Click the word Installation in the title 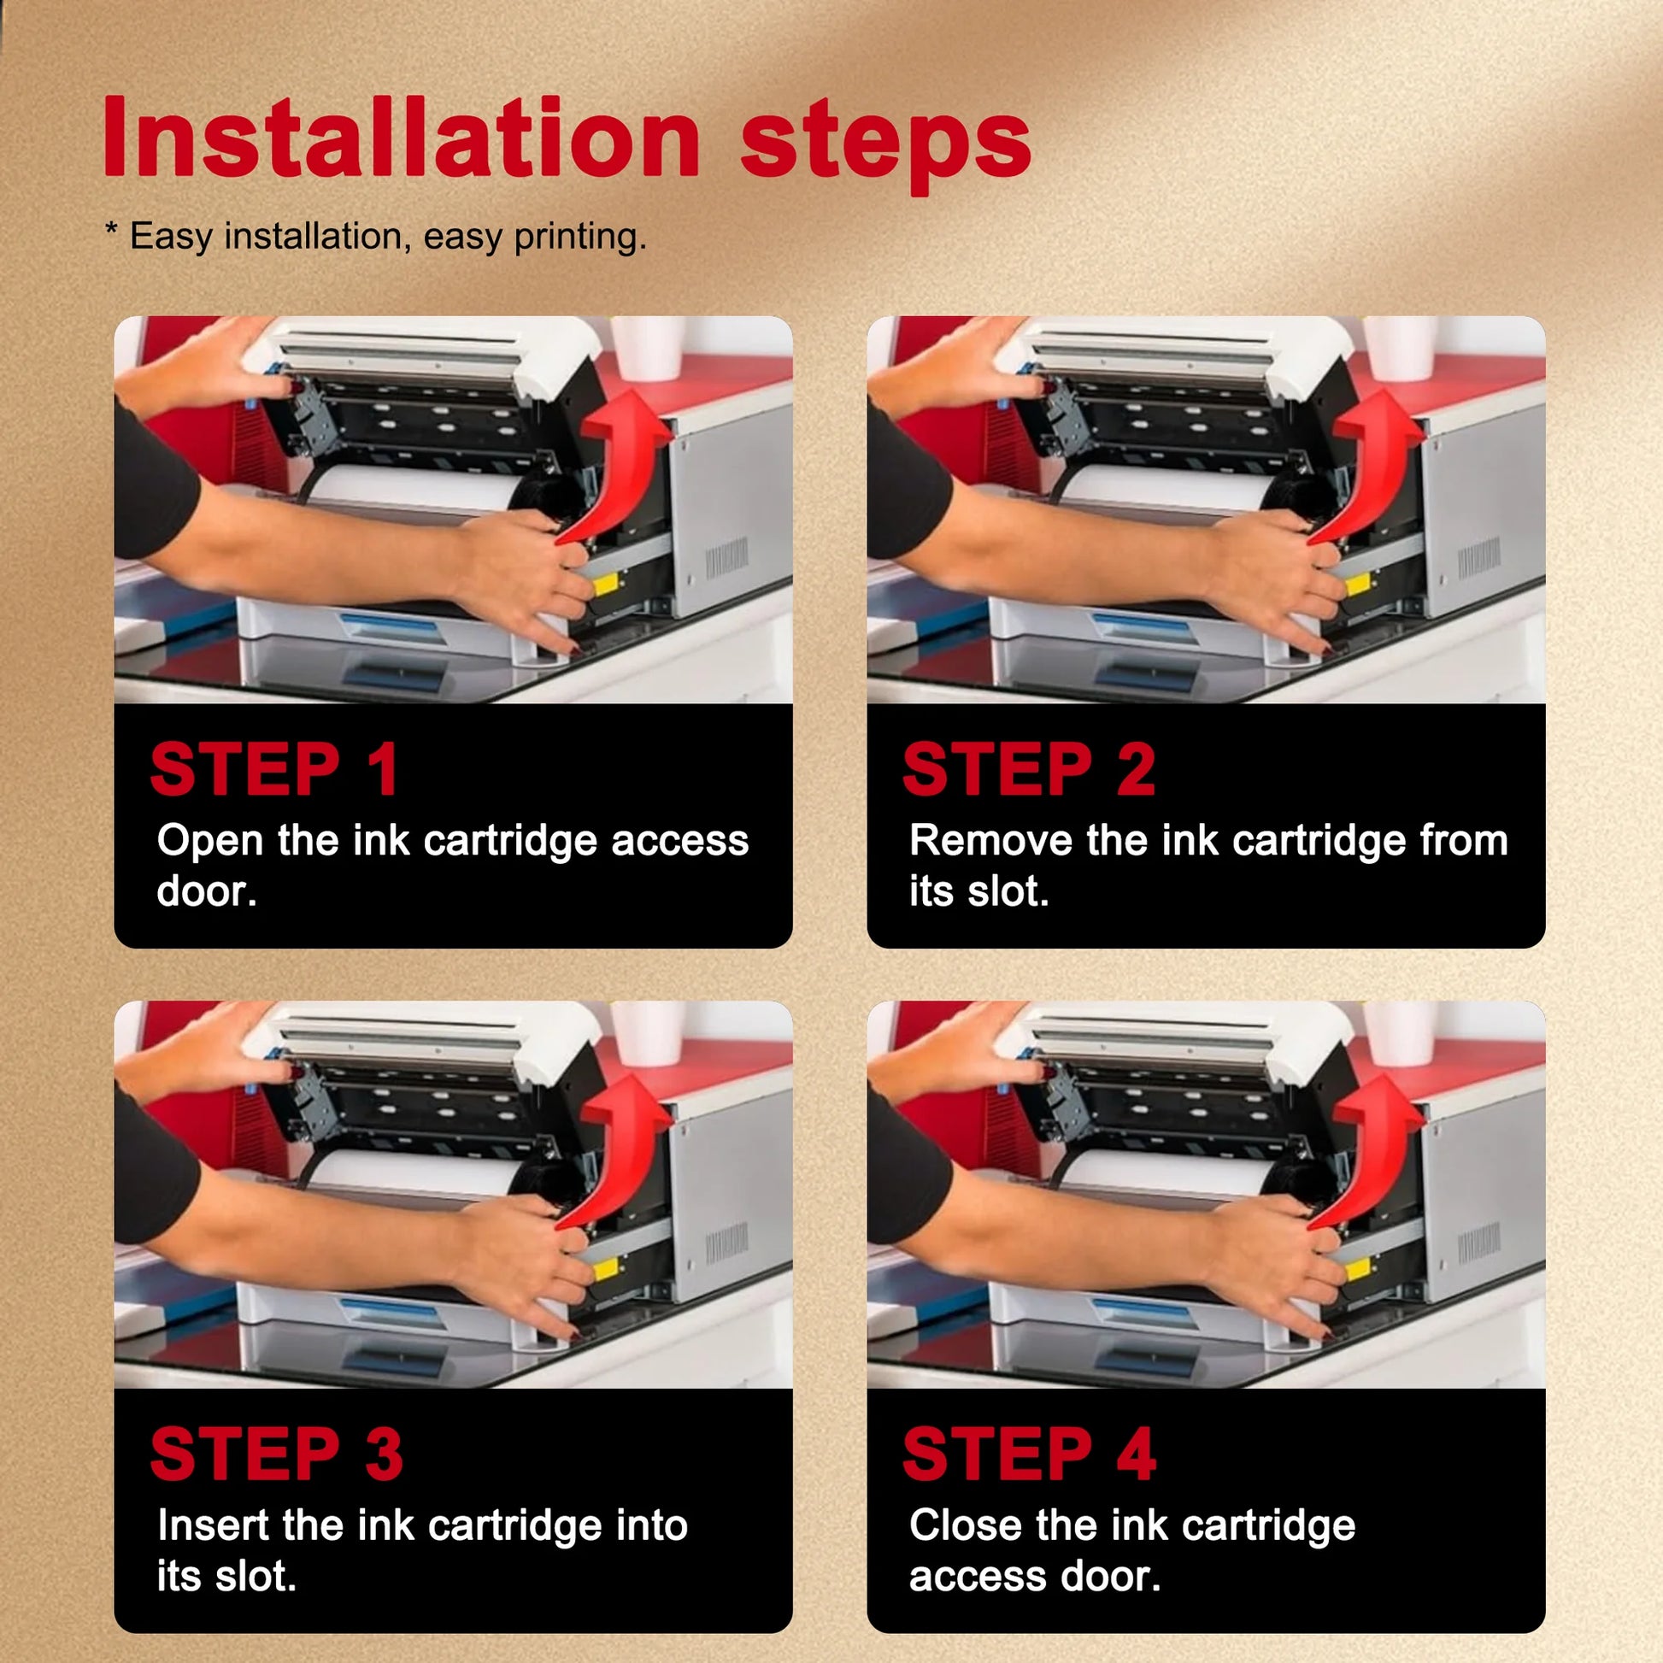(402, 137)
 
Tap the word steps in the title (885, 145)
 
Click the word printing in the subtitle (579, 237)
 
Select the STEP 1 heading (274, 768)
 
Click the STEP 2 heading (1029, 768)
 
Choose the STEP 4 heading (1030, 1454)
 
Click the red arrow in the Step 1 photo (621, 469)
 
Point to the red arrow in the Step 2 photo (1374, 469)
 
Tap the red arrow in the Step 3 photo (621, 1155)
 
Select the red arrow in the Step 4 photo (1374, 1155)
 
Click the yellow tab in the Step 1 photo (605, 585)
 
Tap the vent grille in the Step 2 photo (1478, 558)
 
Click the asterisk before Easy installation (111, 229)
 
